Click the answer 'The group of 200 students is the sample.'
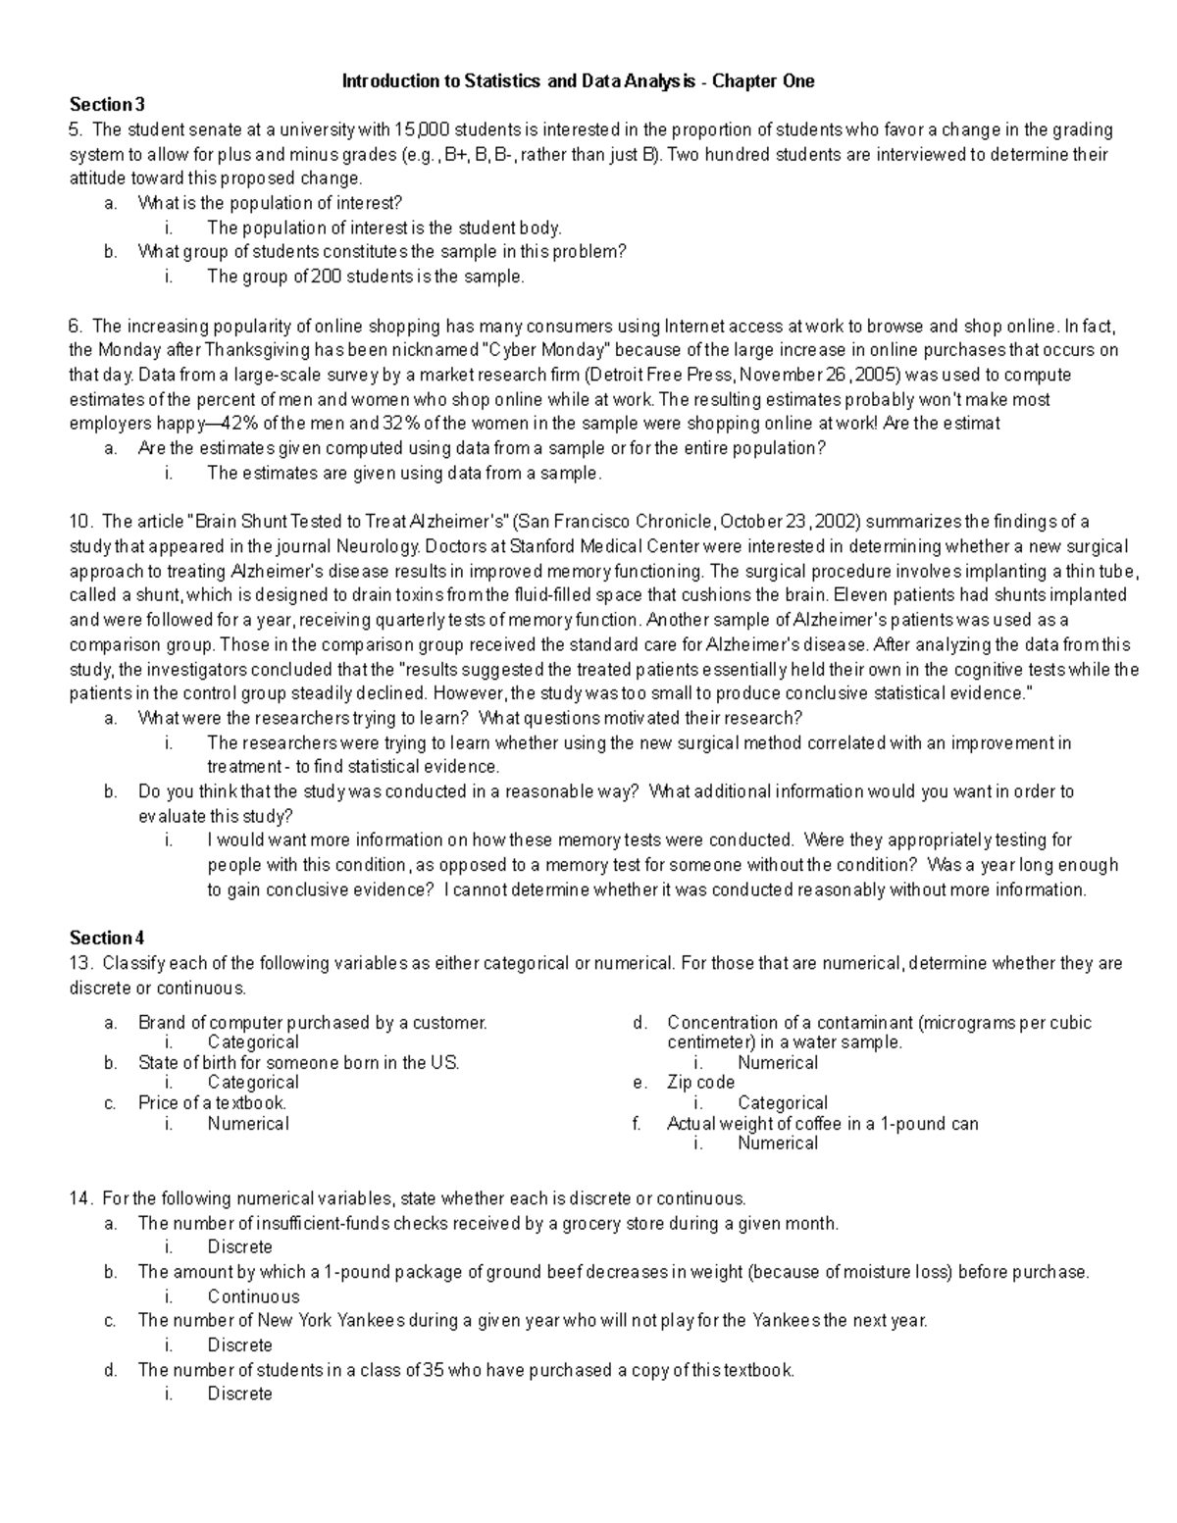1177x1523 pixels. (366, 277)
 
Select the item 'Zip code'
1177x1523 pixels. (700, 1083)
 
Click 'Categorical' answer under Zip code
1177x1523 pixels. (782, 1103)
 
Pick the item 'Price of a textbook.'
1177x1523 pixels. (212, 1103)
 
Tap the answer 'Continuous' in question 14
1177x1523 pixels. (253, 1296)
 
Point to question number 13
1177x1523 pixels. (80, 963)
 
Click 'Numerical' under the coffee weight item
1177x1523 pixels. (777, 1143)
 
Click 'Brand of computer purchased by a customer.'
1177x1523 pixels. (312, 1023)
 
